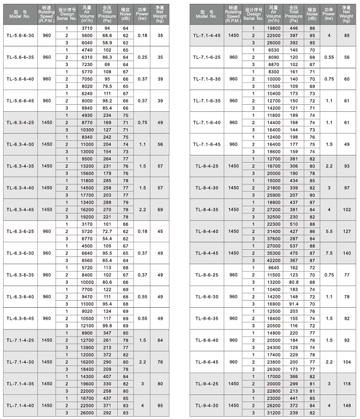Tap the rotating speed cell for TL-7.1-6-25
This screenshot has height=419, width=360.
tap(233, 57)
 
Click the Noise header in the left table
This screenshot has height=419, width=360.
tap(125, 14)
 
